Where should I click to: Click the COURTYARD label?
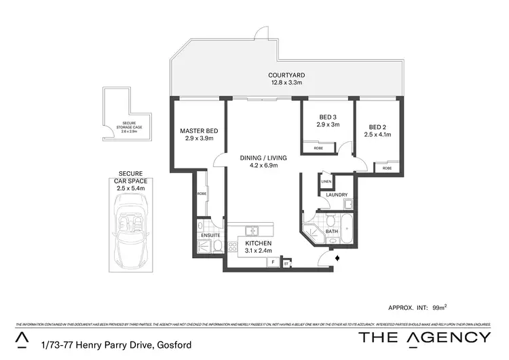click(285, 75)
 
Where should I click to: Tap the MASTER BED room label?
click(198, 130)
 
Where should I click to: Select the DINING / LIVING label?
click(264, 158)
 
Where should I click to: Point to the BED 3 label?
click(326, 117)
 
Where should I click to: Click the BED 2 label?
click(379, 127)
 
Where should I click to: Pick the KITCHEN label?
click(258, 243)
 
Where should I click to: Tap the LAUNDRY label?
click(337, 195)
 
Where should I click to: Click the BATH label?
click(332, 231)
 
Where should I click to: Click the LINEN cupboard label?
click(326, 181)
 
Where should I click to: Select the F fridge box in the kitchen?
click(272, 261)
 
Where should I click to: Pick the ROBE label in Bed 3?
click(318, 147)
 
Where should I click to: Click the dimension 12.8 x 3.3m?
click(285, 83)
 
